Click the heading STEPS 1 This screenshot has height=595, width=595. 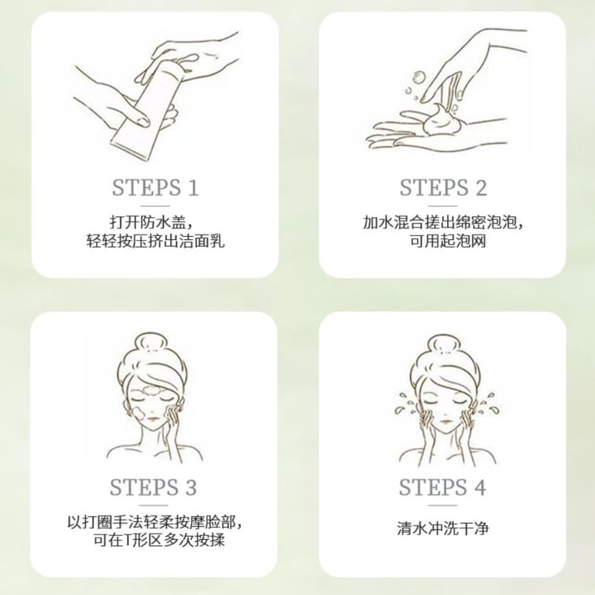pyautogui.click(x=155, y=187)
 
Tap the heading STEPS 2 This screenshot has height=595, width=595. pyautogui.click(x=443, y=187)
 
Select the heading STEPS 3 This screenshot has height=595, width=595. pyautogui.click(x=153, y=487)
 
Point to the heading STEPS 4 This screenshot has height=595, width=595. pyautogui.click(x=442, y=487)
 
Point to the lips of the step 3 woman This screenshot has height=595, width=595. pyautogui.click(x=153, y=419)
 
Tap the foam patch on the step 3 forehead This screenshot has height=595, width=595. pyautogui.click(x=153, y=390)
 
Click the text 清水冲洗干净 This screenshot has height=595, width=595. pyautogui.click(x=443, y=528)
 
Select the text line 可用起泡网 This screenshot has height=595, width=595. pyautogui.click(x=448, y=241)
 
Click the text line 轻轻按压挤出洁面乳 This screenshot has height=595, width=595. pyautogui.click(x=155, y=241)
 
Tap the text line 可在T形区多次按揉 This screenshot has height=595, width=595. pyautogui.click(x=159, y=540)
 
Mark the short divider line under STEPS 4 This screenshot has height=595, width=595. pyautogui.click(x=442, y=505)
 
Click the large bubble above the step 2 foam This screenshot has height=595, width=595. pyautogui.click(x=419, y=77)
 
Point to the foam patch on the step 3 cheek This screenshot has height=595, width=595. pyautogui.click(x=139, y=412)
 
